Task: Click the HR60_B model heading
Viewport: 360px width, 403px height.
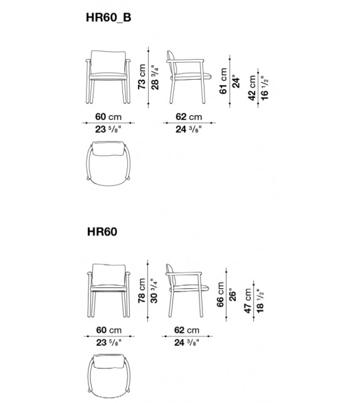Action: click(x=109, y=19)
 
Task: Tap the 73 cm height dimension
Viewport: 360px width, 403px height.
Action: click(x=142, y=76)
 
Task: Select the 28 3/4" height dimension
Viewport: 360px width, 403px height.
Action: click(x=154, y=76)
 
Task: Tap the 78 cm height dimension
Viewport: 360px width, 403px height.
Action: click(x=142, y=290)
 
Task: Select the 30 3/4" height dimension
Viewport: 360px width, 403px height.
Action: click(x=154, y=290)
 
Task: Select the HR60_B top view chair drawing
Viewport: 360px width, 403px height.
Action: click(x=107, y=162)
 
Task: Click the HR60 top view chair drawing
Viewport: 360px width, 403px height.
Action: click(x=107, y=377)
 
